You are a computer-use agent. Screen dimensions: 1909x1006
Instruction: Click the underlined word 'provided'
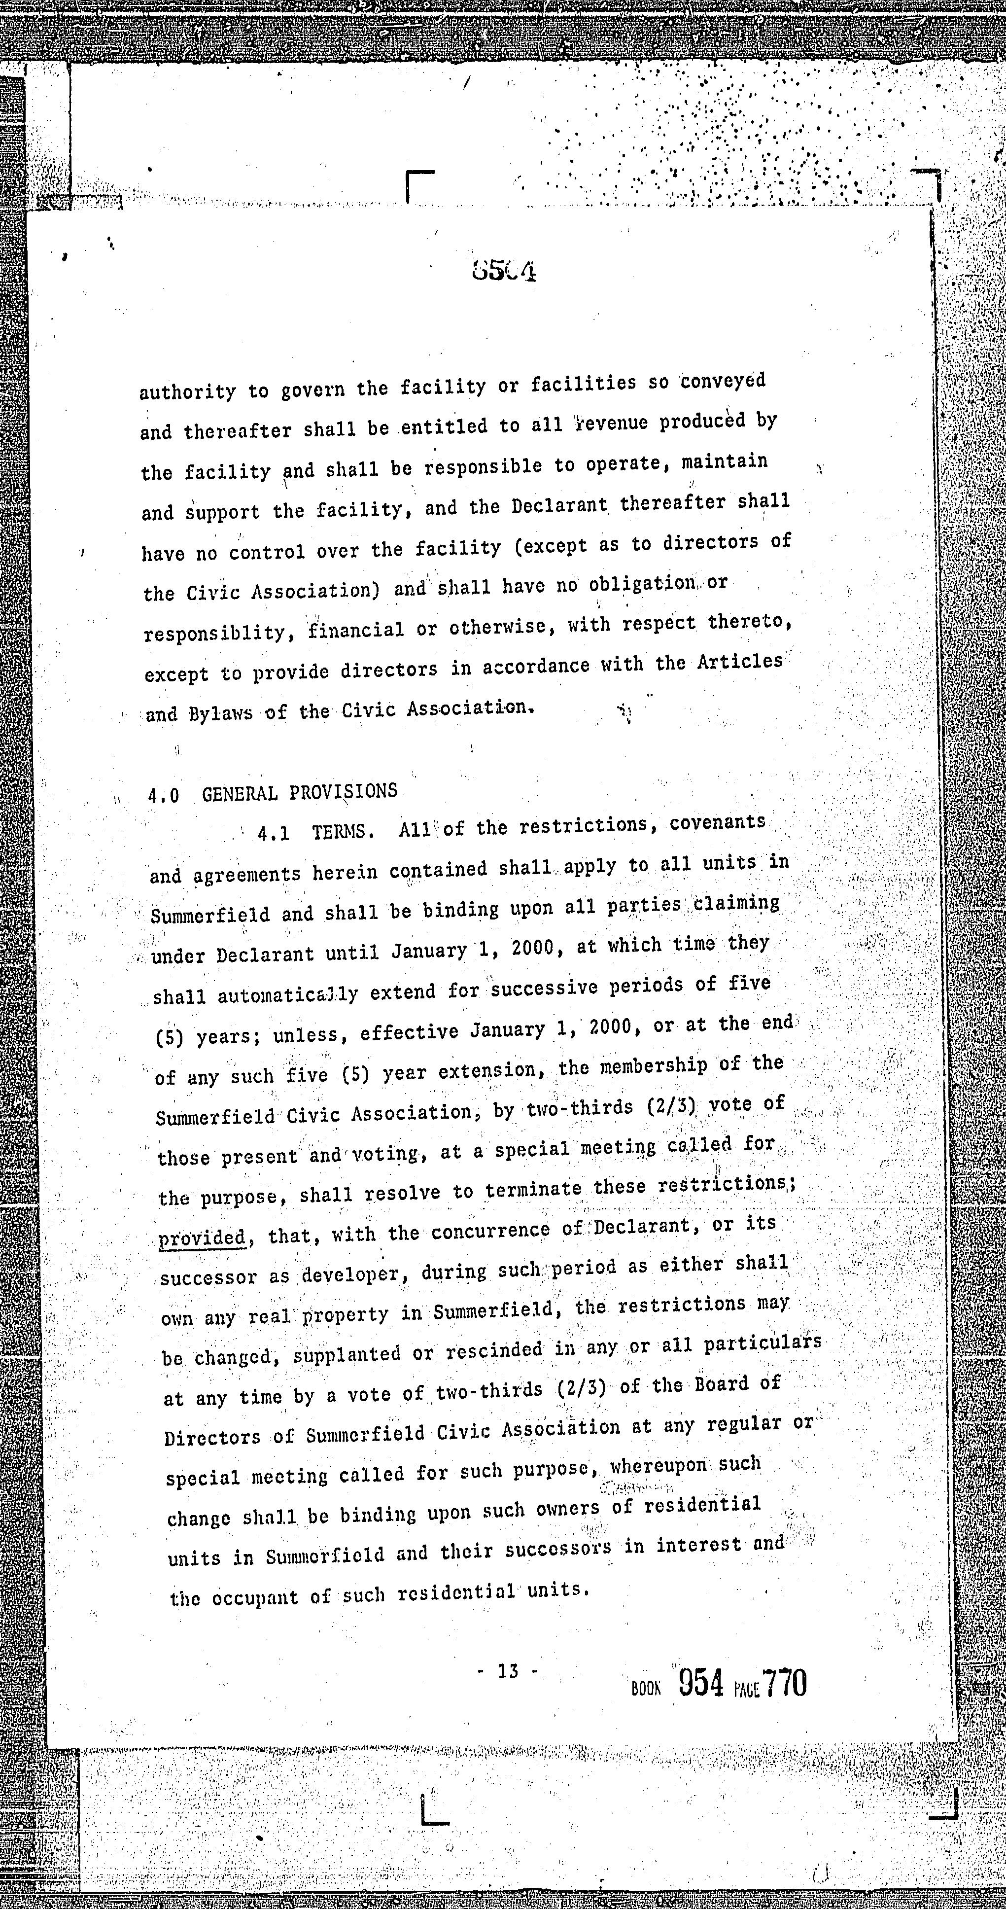(x=202, y=1237)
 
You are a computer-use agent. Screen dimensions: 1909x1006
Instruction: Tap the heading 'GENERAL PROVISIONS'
(x=299, y=792)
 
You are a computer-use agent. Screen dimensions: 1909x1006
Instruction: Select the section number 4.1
(x=273, y=833)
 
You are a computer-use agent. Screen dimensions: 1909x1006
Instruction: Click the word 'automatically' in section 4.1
(x=287, y=994)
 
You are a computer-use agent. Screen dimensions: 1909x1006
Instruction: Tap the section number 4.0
(x=163, y=796)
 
